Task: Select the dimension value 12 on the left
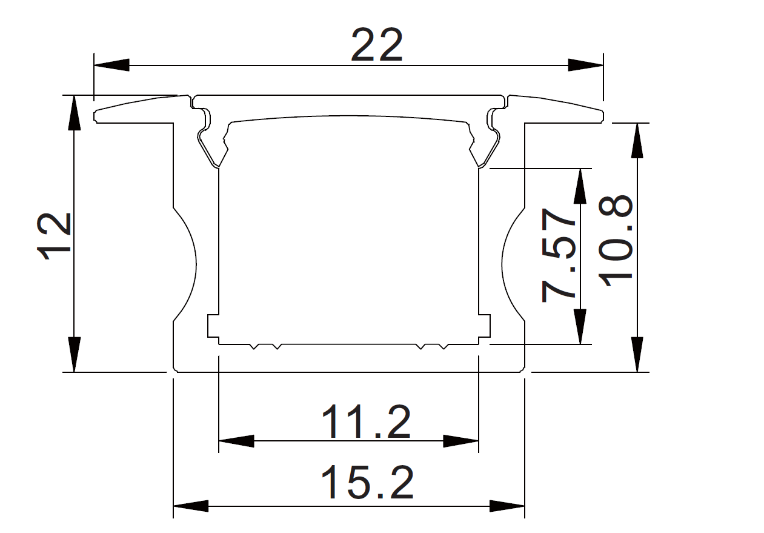click(x=55, y=236)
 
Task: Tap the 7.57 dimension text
click(x=557, y=255)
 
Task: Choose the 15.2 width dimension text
click(x=367, y=482)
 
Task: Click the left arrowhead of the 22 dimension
click(x=111, y=64)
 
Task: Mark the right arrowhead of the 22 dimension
click(x=585, y=64)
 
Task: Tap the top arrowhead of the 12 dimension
click(x=74, y=113)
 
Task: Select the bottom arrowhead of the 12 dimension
click(x=74, y=354)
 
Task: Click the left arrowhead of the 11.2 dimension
click(x=236, y=441)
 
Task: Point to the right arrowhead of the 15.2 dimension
click(x=507, y=505)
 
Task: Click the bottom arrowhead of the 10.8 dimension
click(x=637, y=354)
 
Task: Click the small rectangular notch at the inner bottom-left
click(x=213, y=326)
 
